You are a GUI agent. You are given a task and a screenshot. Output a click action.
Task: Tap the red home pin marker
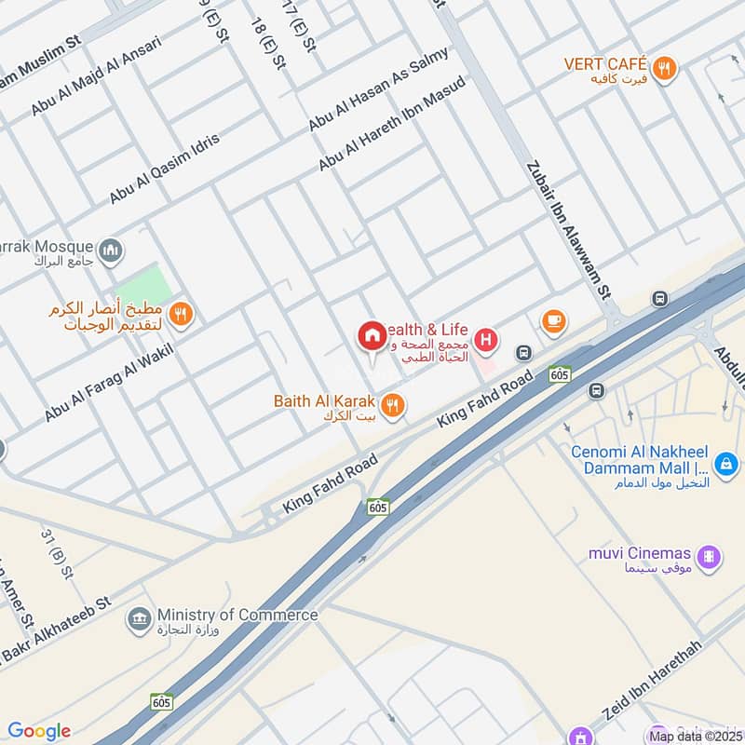coord(372,336)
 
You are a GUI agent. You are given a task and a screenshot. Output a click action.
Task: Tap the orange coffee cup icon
coord(554,321)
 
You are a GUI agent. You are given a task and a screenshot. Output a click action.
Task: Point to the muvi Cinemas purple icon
coord(711,556)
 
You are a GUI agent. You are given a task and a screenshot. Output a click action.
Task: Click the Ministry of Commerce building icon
coord(139,619)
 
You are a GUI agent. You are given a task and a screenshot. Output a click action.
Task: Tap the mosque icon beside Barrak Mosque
coord(112,251)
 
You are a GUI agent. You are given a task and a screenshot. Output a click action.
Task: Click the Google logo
coord(38,731)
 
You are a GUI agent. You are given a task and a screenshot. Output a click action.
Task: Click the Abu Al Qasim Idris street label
coord(165,169)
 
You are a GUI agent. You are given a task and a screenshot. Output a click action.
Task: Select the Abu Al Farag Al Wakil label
coord(109,382)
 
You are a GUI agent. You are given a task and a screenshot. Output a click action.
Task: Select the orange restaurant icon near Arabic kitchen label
coord(182,315)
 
